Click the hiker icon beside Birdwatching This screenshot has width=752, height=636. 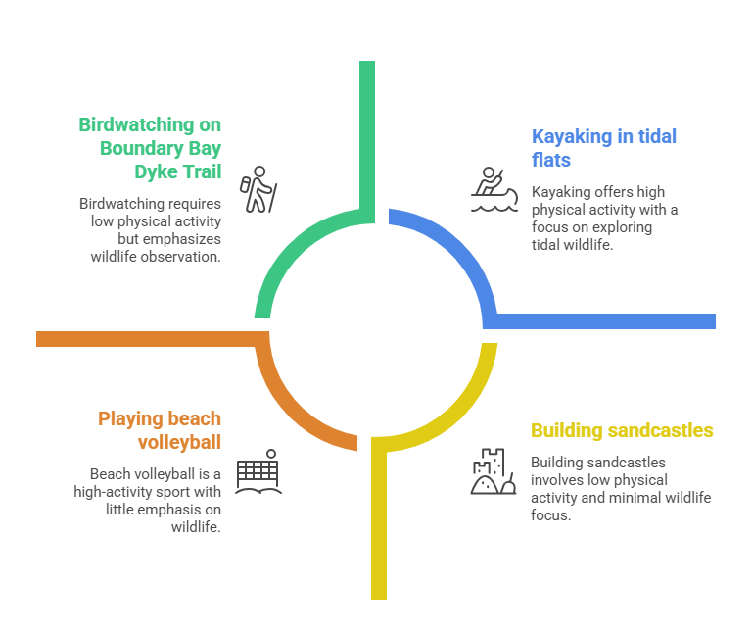tap(259, 189)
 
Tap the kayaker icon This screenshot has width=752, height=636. tap(493, 189)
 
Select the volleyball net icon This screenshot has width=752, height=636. tap(258, 471)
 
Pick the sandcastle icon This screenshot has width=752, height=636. tap(493, 471)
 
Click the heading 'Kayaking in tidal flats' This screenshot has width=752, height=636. tap(603, 147)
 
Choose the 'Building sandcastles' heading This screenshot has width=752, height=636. tap(622, 430)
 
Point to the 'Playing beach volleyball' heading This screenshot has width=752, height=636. tap(160, 430)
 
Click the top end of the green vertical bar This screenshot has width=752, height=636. tap(367, 65)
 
